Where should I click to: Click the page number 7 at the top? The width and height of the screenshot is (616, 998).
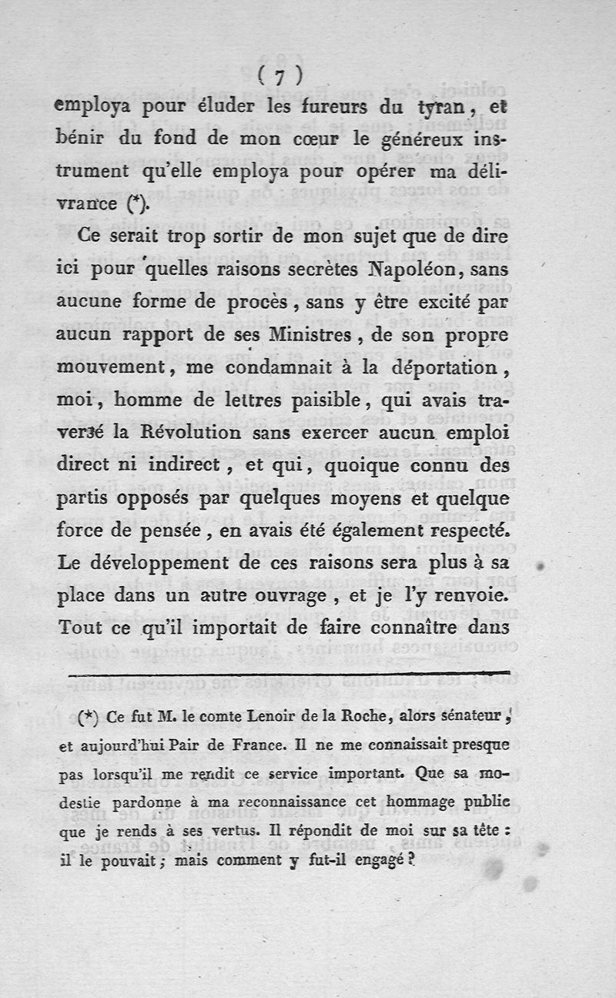[279, 75]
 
